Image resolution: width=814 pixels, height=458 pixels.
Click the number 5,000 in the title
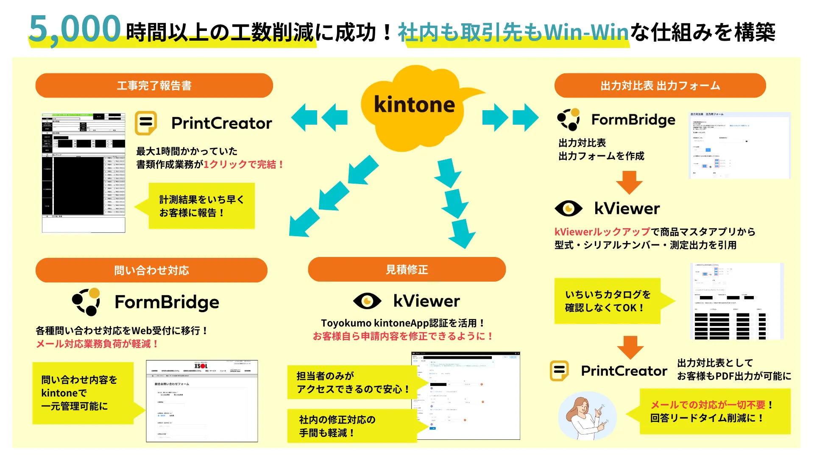pyautogui.click(x=75, y=29)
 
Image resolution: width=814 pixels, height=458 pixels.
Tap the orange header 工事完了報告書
pyautogui.click(x=154, y=86)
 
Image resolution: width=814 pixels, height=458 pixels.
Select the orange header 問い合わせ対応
pyautogui.click(x=151, y=270)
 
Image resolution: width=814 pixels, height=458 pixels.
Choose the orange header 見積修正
pyautogui.click(x=407, y=269)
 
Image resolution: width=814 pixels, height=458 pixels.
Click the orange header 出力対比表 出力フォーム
pyautogui.click(x=660, y=86)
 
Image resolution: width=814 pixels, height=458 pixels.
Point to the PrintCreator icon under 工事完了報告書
pyautogui.click(x=146, y=123)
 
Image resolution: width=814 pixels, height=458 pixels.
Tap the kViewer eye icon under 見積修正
pyautogui.click(x=367, y=301)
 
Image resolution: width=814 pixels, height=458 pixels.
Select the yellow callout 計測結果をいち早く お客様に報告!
pyautogui.click(x=201, y=206)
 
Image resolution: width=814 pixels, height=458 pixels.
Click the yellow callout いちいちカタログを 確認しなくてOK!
pyautogui.click(x=608, y=301)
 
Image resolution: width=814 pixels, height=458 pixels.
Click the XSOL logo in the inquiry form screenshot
pyautogui.click(x=201, y=366)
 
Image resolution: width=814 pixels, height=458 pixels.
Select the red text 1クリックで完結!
pyautogui.click(x=244, y=165)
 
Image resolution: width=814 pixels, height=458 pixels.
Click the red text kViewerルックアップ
pyautogui.click(x=602, y=232)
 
